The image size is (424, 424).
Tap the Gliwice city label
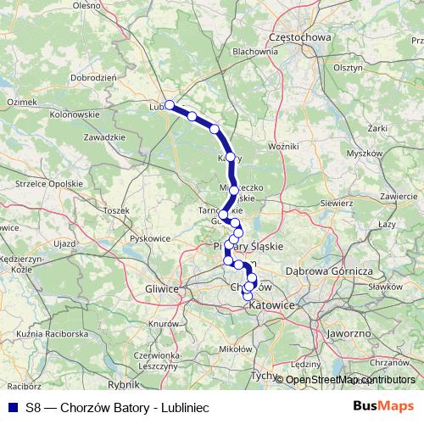tap(161, 288)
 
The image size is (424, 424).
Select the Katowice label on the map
tap(275, 304)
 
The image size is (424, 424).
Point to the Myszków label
tap(365, 153)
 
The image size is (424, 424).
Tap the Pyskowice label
tap(149, 238)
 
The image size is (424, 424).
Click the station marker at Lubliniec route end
tap(170, 105)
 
